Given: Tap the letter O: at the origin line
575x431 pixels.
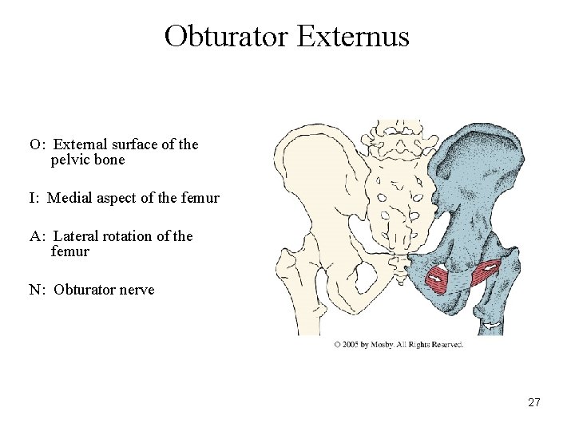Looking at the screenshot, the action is pyautogui.click(x=37, y=144).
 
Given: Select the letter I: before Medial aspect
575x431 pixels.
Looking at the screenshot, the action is pyautogui.click(x=35, y=198).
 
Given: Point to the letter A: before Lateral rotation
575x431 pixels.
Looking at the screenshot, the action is pyautogui.click(x=38, y=236).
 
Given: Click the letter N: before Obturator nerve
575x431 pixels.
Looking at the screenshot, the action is pyautogui.click(x=38, y=290).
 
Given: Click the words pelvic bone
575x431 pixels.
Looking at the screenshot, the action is pyautogui.click(x=88, y=160).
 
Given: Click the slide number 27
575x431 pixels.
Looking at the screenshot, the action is pyautogui.click(x=534, y=402).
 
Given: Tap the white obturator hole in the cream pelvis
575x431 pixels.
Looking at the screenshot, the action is pyautogui.click(x=367, y=279).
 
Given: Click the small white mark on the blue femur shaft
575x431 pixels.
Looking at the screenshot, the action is pyautogui.click(x=494, y=324).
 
